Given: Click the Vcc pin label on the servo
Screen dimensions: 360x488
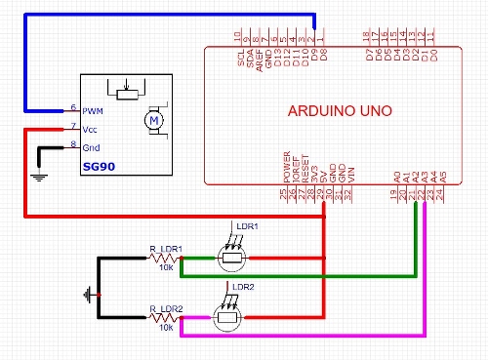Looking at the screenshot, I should [92, 128].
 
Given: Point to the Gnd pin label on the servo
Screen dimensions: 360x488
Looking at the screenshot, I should [92, 147].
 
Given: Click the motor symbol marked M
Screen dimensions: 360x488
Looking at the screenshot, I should [151, 120].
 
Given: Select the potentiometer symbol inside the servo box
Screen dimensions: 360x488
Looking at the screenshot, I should [125, 92].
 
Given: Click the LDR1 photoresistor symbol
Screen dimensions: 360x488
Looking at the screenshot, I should [230, 259].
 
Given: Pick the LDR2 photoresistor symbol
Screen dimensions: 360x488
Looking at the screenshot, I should [230, 318].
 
